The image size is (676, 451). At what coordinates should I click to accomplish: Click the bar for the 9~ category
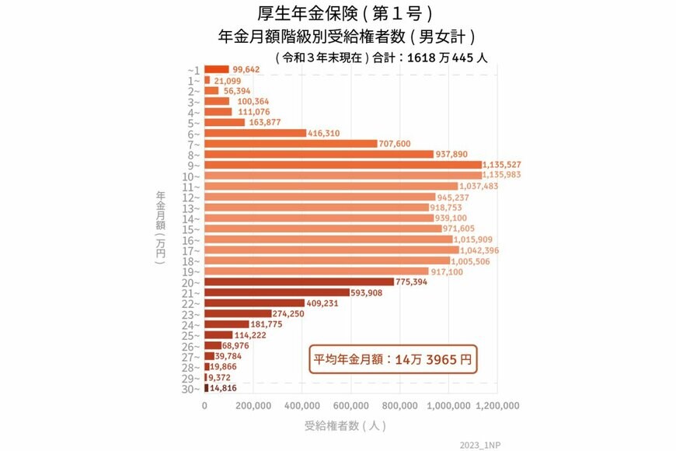pyautogui.click(x=343, y=165)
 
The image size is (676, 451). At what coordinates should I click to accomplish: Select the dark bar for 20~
pyautogui.click(x=299, y=281)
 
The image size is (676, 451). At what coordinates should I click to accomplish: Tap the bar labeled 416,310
pyautogui.click(x=255, y=133)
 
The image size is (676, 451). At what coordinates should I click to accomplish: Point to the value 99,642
pyautogui.click(x=246, y=69)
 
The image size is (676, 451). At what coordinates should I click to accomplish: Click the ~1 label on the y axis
pyautogui.click(x=193, y=70)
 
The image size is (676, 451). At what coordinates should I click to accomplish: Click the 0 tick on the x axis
pyautogui.click(x=204, y=405)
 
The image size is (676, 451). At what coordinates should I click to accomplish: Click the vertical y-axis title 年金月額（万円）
pyautogui.click(x=160, y=229)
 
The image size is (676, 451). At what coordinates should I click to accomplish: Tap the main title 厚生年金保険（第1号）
pyautogui.click(x=343, y=14)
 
